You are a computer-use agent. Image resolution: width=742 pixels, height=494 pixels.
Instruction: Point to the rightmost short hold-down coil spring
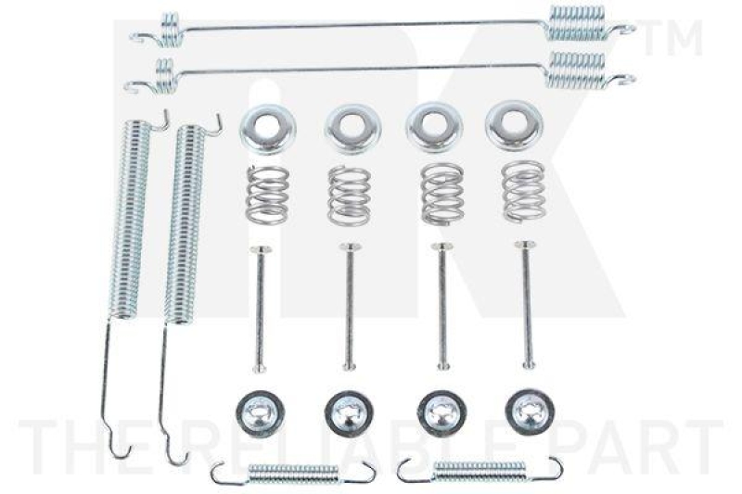tap(524, 191)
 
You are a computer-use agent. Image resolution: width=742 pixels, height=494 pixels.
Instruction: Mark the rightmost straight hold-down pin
tap(528, 305)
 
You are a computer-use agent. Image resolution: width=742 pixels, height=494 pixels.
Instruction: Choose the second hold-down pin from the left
tap(348, 307)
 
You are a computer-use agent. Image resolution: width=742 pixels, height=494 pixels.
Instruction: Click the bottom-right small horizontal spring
tap(479, 470)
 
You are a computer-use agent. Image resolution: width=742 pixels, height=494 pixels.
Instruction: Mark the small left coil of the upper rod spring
tap(170, 28)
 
